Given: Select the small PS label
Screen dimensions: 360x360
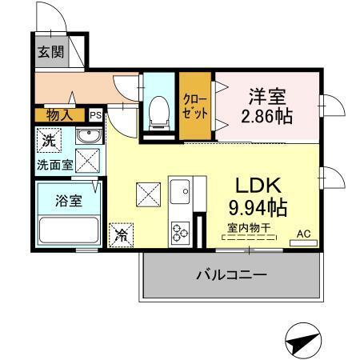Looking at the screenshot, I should [x=95, y=115].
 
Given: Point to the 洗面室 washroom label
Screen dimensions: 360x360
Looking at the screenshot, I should [x=54, y=165].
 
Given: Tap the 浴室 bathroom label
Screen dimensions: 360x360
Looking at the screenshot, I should [x=68, y=200].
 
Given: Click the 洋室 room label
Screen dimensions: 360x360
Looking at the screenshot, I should [x=268, y=96].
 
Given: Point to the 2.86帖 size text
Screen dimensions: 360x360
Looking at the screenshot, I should [x=268, y=116].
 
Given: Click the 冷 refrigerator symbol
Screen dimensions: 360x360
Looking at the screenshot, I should [x=122, y=234].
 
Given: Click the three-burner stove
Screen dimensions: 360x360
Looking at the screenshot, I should [x=180, y=233].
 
